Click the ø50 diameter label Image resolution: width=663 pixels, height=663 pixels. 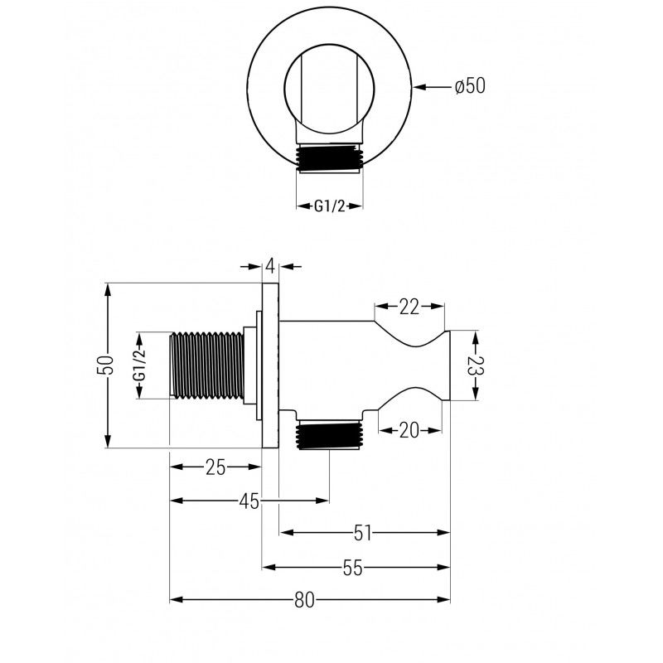coord(469,86)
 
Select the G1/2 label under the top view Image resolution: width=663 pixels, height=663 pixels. coord(330,206)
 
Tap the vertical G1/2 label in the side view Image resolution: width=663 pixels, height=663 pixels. coord(140,365)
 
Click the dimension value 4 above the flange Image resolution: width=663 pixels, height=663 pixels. coord(270,266)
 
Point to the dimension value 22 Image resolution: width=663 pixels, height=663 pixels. coord(409,307)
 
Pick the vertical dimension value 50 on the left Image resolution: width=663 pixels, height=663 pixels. coord(105,365)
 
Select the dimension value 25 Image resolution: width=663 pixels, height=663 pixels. coord(215,467)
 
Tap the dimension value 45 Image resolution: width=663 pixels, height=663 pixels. coord(249,501)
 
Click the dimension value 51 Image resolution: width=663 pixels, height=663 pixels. coord(363,533)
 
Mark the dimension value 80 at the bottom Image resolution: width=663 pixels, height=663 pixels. coord(304,601)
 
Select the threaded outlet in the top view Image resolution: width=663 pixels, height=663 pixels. coord(330,157)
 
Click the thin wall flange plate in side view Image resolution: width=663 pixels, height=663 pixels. coord(270,365)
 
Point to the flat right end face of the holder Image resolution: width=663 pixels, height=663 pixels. coord(449,365)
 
